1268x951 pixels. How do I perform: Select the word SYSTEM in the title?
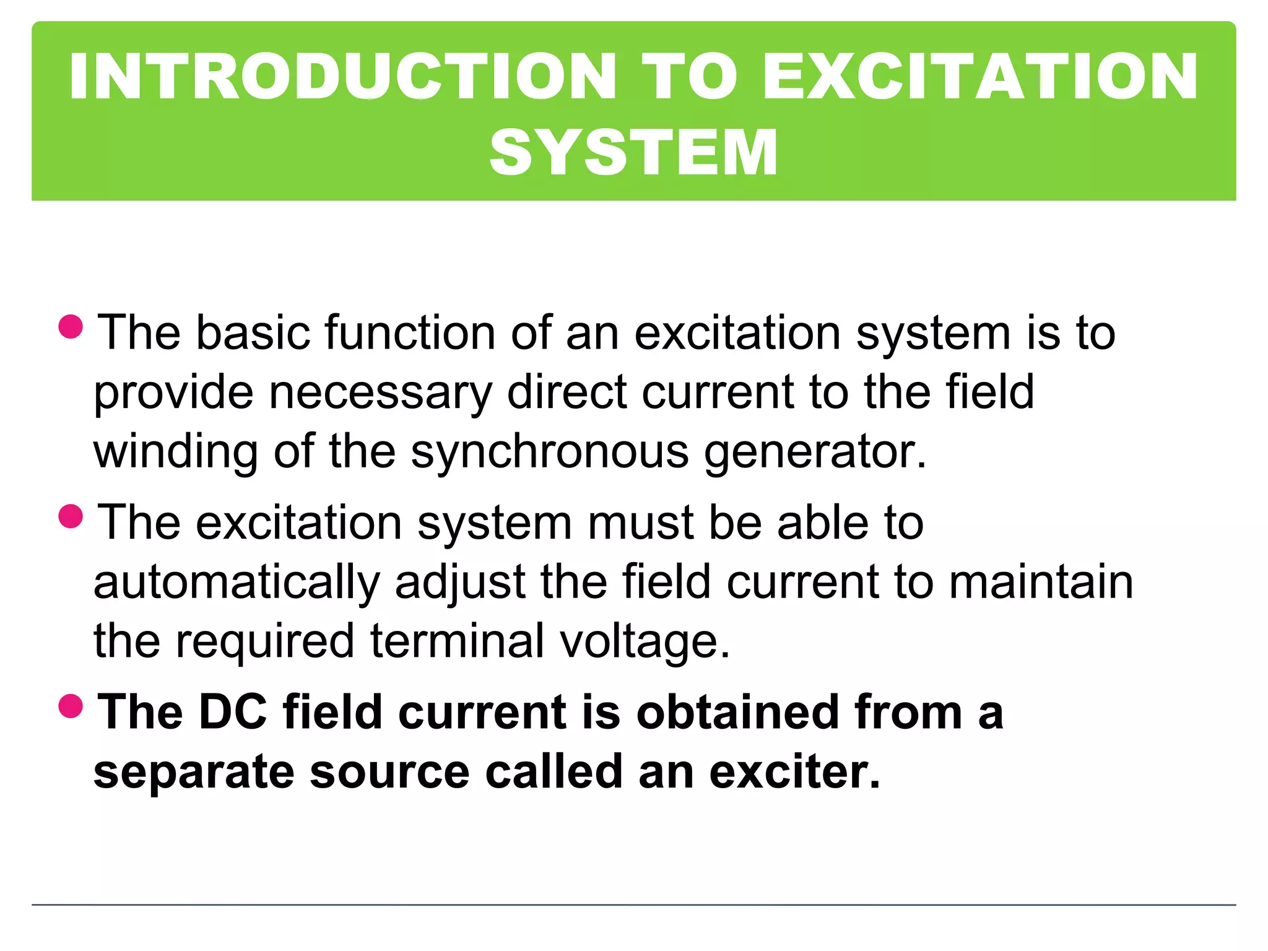[x=633, y=152]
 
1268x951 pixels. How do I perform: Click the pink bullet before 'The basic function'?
[x=71, y=326]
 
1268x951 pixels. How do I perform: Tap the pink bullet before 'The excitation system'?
[x=71, y=516]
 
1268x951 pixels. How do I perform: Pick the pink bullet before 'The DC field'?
[x=71, y=705]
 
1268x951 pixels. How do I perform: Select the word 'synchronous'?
[x=549, y=451]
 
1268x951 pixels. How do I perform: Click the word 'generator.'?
[x=815, y=453]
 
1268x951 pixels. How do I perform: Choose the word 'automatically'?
[x=237, y=583]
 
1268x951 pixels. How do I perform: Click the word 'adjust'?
[x=460, y=583]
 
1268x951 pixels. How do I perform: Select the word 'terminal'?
[x=457, y=641]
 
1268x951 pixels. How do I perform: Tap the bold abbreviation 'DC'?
[x=233, y=712]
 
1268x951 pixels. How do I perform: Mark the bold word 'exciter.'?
[x=794, y=771]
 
